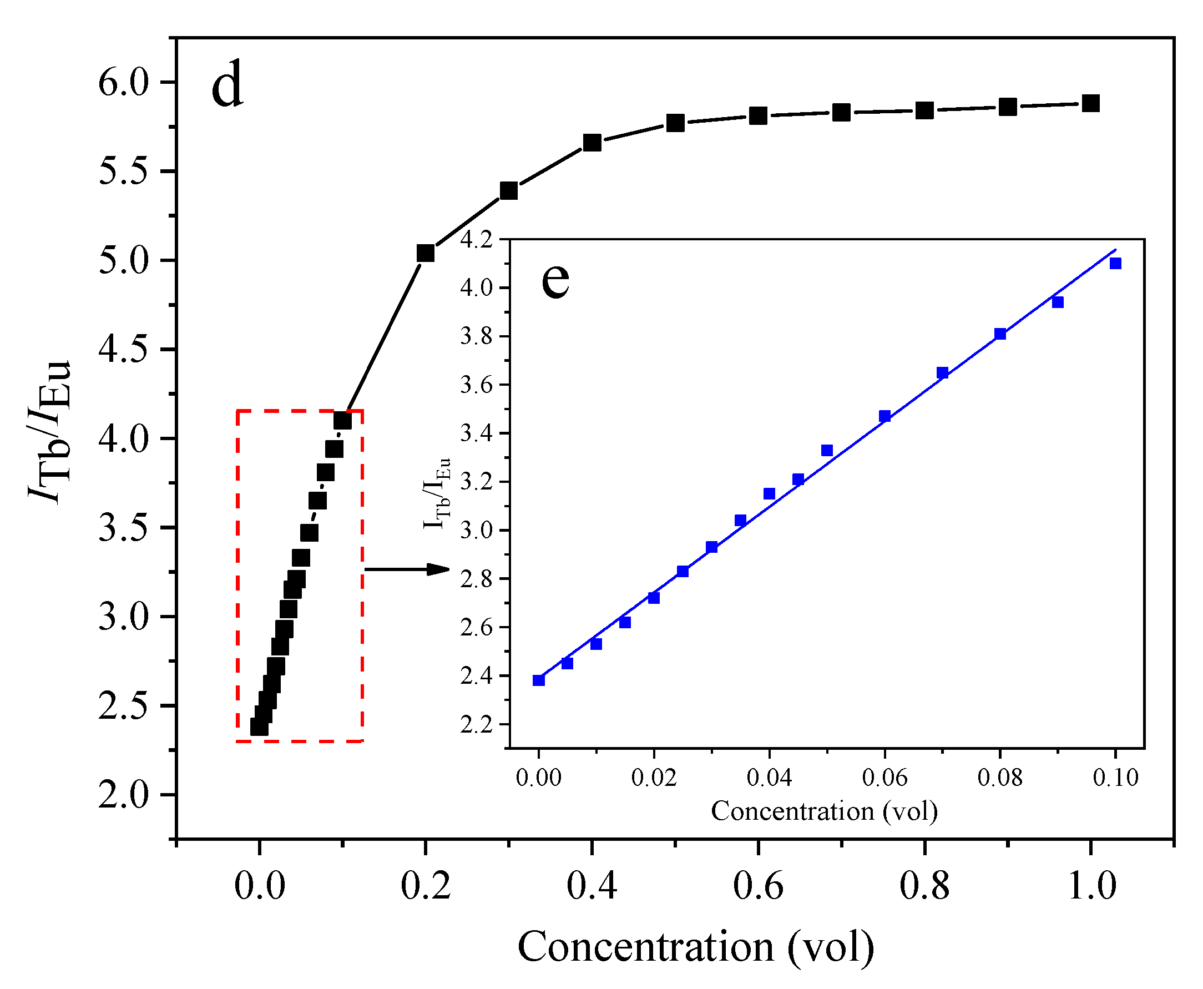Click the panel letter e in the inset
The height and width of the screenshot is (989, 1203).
click(555, 280)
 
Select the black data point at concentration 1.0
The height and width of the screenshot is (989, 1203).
click(1090, 104)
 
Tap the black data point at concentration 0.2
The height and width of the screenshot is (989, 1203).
click(426, 253)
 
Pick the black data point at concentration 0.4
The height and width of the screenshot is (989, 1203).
click(593, 143)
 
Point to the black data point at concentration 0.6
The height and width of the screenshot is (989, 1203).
click(758, 116)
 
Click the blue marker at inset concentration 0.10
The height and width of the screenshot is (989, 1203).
click(1115, 263)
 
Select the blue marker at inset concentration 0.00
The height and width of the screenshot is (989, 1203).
click(539, 680)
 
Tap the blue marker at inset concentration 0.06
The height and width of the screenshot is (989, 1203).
click(884, 416)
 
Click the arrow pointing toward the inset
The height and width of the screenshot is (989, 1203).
click(407, 568)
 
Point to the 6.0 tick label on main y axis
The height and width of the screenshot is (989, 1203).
click(123, 83)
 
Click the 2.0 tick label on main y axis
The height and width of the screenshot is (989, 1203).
click(123, 795)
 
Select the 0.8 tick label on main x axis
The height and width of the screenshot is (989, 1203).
click(924, 886)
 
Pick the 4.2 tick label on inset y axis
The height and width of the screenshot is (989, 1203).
click(476, 240)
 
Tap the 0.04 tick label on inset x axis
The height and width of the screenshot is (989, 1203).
click(769, 777)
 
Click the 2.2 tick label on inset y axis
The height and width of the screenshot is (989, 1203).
click(476, 725)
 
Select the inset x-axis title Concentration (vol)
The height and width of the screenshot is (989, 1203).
click(824, 811)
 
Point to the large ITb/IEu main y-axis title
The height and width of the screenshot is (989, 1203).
click(49, 433)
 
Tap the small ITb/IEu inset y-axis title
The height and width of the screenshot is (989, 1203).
click(437, 493)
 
